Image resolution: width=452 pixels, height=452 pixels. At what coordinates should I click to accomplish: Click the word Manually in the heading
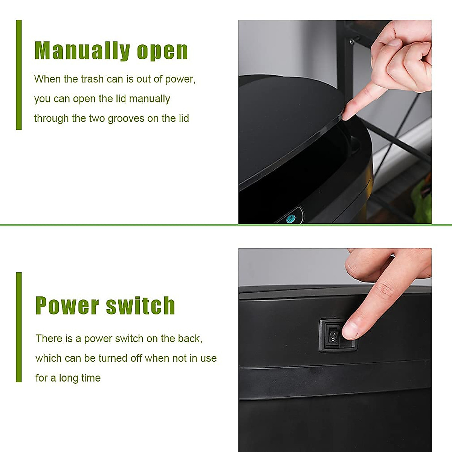(82, 51)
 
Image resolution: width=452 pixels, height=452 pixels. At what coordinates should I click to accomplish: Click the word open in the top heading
(162, 52)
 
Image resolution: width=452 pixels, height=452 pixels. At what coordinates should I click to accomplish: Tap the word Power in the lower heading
(67, 305)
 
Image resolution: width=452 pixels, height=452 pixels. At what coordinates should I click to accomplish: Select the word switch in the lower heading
(140, 305)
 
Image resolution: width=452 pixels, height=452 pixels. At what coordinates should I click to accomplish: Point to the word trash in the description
(92, 79)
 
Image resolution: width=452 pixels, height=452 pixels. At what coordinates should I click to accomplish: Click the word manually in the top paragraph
(149, 99)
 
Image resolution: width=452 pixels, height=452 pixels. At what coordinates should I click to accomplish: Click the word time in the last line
(90, 378)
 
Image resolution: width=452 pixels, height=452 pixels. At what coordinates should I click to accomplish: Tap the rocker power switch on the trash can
(333, 335)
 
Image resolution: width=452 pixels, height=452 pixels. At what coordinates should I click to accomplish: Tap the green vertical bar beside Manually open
(19, 75)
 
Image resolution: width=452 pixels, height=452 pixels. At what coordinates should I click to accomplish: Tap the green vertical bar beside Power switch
(19, 327)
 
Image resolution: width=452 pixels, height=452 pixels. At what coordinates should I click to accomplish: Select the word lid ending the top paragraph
(183, 119)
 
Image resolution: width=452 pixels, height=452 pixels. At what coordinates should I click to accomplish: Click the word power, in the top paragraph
(180, 79)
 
